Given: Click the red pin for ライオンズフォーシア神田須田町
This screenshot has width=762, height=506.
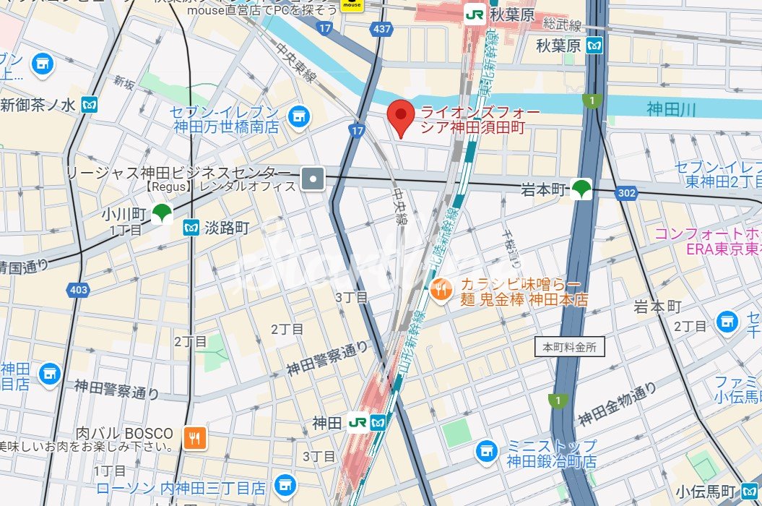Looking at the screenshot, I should pos(401,117).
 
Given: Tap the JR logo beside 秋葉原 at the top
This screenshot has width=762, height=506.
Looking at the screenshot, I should pos(475,14).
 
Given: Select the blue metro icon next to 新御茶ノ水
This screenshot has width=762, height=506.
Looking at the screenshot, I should pos(90,105).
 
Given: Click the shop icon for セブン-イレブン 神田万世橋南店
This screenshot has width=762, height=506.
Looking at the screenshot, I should pos(297,116).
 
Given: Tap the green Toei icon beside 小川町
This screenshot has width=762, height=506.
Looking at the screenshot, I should pos(163,214).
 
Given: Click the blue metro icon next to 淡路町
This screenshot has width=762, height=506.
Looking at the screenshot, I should pos(191,228).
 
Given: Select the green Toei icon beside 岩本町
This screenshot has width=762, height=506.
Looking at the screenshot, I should pos(581,189).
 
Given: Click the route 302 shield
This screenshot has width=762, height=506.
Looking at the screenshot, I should pos(627,193).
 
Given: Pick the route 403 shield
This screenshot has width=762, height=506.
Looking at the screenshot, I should pos(79,290).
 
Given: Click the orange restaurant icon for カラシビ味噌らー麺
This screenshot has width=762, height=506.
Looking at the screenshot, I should pos(441,291).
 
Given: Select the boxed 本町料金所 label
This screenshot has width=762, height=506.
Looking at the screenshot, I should pos(570,347).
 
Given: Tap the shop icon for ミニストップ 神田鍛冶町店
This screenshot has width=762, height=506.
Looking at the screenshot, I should pos(488,453).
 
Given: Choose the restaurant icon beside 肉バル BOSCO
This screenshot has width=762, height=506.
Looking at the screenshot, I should pos(194,437).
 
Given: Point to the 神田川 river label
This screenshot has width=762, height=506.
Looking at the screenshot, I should pos(670,109).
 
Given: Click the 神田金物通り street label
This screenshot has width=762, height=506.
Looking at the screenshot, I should pos(616,404).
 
